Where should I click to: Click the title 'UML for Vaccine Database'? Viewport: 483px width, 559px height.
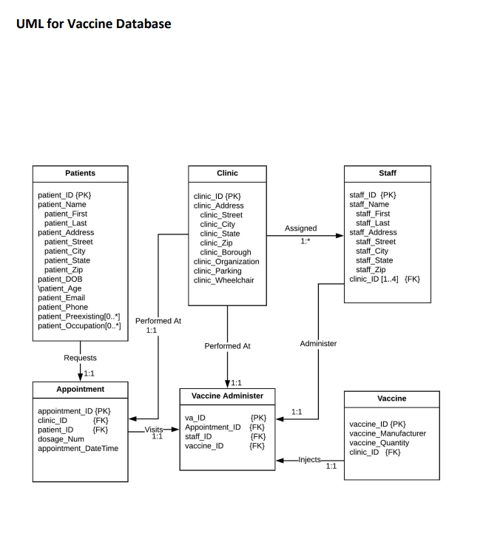click(x=92, y=24)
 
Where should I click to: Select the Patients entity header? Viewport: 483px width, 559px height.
click(x=80, y=173)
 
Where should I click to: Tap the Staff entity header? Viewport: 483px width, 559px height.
click(x=387, y=173)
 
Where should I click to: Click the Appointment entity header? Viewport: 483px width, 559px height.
click(x=80, y=389)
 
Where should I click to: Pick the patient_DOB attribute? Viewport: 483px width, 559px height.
click(x=60, y=279)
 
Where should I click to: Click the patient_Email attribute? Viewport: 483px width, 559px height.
click(x=62, y=298)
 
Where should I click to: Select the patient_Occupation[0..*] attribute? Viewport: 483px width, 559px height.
click(x=79, y=326)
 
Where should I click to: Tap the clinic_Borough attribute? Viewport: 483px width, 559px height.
click(x=225, y=252)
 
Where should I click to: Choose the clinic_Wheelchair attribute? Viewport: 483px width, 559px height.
click(x=225, y=280)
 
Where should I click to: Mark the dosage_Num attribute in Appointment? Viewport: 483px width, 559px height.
click(x=61, y=438)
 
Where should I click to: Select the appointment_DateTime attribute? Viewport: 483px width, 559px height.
click(x=78, y=448)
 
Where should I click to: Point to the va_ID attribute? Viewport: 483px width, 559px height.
click(x=195, y=418)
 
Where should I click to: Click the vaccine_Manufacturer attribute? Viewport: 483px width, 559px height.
click(x=387, y=433)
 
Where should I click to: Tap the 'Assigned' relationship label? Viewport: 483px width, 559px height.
click(x=300, y=228)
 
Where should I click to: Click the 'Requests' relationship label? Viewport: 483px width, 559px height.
click(x=80, y=358)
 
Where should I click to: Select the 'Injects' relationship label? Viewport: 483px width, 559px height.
click(x=309, y=459)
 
